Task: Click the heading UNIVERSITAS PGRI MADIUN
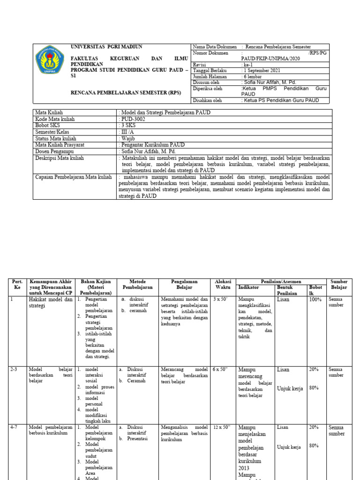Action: pyautogui.click(x=106, y=47)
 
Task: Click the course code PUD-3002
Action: pyautogui.click(x=133, y=119)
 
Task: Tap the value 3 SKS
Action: pyautogui.click(x=129, y=126)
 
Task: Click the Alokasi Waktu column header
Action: pyautogui.click(x=223, y=284)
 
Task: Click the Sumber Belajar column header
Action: pyautogui.click(x=339, y=284)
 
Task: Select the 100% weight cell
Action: pyautogui.click(x=315, y=299)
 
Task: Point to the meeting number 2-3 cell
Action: pyautogui.click(x=15, y=369)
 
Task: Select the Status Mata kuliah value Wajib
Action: pyautogui.click(x=127, y=138)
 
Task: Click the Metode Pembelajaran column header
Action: pyautogui.click(x=138, y=284)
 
